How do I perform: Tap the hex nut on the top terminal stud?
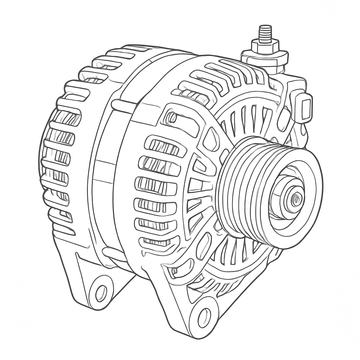pos(265,45)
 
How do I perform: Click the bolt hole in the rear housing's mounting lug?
pos(101,293)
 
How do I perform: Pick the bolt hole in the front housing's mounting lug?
pos(204,317)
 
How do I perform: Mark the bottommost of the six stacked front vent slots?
pos(158,242)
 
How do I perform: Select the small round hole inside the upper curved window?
pos(172,117)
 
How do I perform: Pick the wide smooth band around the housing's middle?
pos(104,169)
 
